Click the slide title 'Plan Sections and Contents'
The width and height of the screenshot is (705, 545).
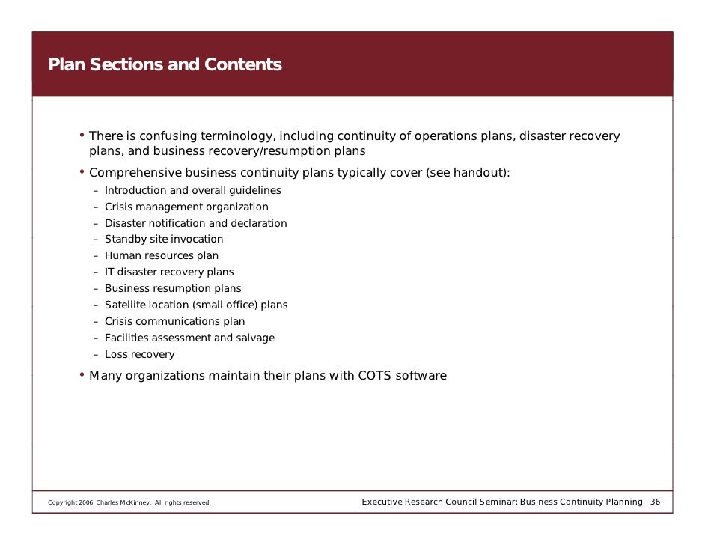[165, 65]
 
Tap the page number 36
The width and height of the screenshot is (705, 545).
[655, 502]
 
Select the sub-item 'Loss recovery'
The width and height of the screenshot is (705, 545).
[139, 355]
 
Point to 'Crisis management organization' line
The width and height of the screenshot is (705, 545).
[186, 207]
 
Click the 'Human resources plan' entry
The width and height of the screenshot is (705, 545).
[162, 256]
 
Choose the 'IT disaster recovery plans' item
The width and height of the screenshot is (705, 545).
[169, 272]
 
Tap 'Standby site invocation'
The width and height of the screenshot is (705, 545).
[164, 240]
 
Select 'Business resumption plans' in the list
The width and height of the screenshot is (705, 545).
[173, 289]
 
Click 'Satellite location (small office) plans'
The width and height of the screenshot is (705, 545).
[196, 305]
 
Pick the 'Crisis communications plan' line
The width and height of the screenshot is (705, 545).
[174, 322]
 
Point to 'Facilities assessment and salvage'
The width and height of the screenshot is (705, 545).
[189, 338]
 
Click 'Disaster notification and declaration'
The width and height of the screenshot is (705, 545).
[195, 223]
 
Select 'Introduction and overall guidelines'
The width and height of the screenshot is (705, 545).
[193, 190]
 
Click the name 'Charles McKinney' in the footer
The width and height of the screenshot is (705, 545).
[123, 502]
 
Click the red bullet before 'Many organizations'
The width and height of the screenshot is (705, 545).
[82, 374]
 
